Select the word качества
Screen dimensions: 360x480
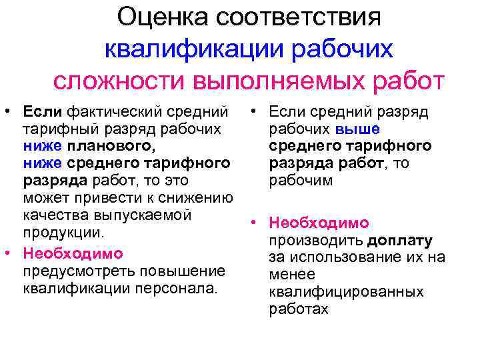pos(51,215)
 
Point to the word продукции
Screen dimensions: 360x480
pos(63,233)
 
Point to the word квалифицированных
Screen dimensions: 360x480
pos(346,292)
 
